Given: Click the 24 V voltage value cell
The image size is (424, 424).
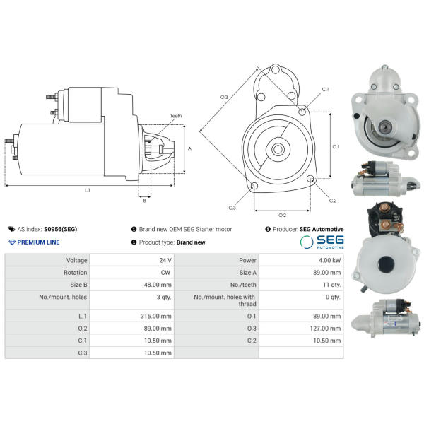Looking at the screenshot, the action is click(165, 260).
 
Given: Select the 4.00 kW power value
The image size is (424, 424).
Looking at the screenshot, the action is click(329, 260).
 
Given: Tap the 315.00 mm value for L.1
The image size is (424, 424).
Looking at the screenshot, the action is click(156, 316).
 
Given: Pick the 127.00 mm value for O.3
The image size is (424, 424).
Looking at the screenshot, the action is click(325, 329).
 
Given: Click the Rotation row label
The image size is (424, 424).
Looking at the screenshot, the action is click(76, 273).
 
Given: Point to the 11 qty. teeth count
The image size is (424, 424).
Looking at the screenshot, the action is click(332, 285).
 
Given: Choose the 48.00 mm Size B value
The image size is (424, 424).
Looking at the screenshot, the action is click(158, 285).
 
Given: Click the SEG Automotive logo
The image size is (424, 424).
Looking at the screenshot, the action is click(322, 242).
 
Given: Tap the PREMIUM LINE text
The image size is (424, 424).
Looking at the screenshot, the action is click(38, 242).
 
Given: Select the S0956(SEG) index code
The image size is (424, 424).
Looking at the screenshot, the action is click(61, 229).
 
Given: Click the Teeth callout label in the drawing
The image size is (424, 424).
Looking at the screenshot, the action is click(176, 116).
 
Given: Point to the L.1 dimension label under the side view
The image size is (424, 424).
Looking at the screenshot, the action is click(88, 190).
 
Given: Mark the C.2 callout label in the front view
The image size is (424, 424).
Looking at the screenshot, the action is click(333, 201).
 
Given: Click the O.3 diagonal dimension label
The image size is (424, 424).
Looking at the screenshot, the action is click(224, 97).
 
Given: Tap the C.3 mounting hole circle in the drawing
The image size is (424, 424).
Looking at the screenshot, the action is click(254, 186).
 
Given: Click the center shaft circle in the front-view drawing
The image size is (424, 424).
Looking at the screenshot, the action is click(278, 149).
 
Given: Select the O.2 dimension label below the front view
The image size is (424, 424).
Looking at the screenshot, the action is click(282, 216).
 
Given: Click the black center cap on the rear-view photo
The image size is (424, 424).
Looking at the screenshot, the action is click(386, 264).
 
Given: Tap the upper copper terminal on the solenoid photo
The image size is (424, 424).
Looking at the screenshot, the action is click(383, 208).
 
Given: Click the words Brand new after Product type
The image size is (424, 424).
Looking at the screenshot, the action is click(191, 242).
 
